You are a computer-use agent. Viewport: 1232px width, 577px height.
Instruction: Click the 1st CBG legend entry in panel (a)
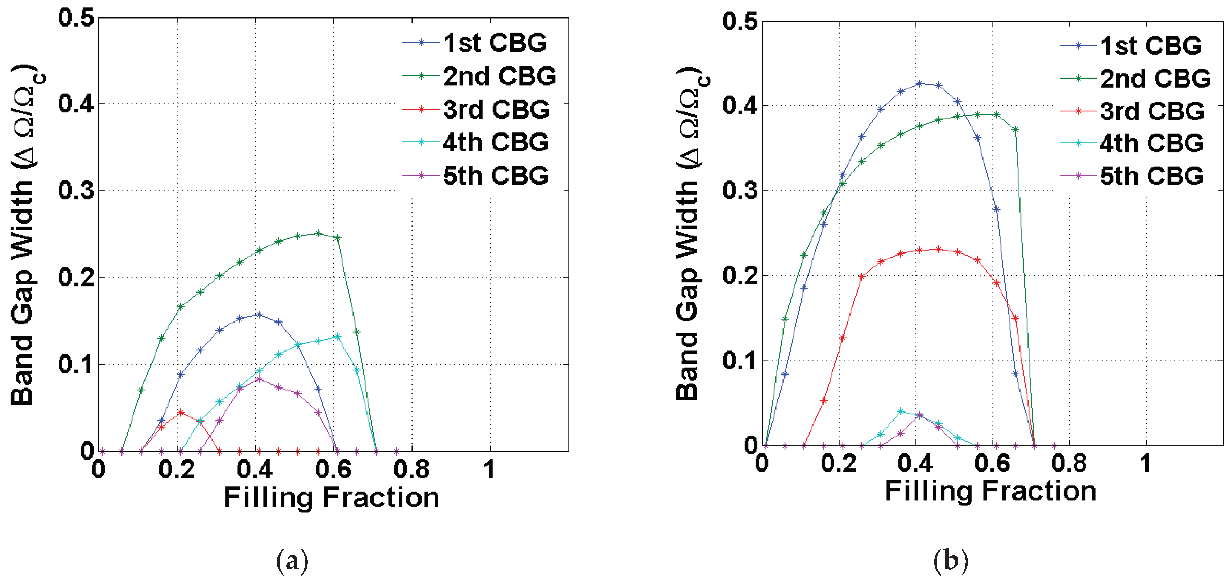[495, 43]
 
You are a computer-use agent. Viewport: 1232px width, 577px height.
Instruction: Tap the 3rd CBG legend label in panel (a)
[496, 110]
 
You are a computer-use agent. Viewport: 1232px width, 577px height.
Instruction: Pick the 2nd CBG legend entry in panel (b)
[1155, 79]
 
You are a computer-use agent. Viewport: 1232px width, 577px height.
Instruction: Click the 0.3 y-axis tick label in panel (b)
[740, 191]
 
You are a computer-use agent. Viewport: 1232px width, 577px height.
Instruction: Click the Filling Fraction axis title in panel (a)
[332, 497]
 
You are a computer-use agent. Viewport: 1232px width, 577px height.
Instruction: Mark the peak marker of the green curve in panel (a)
[318, 234]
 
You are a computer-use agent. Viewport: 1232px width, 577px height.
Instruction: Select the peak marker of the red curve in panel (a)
[181, 412]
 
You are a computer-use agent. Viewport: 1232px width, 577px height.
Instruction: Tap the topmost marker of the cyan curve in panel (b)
[900, 411]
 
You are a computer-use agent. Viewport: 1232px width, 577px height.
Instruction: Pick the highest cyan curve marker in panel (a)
[337, 336]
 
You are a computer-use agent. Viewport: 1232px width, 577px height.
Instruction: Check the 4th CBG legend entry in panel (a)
[495, 142]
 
